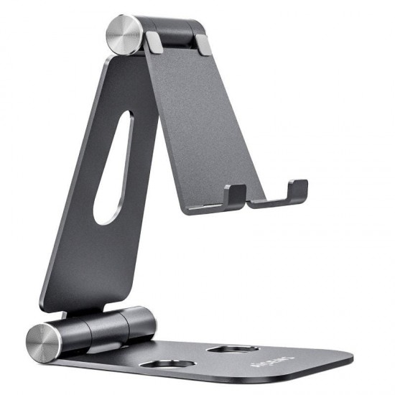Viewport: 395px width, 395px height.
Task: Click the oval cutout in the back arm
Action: [x=116, y=168]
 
